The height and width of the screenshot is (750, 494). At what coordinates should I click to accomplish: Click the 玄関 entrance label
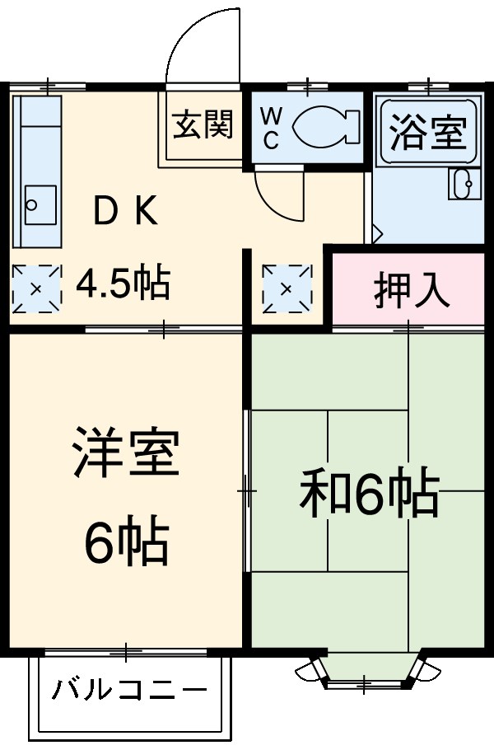pos(203,125)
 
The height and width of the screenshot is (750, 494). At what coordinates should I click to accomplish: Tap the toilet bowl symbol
pos(326,128)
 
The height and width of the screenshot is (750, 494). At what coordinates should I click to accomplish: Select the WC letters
pos(271,128)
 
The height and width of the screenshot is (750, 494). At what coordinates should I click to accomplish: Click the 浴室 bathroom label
pos(427,134)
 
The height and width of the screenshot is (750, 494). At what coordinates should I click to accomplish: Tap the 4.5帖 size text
pos(123,285)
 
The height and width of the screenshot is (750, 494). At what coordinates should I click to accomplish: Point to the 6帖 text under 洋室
pos(126,540)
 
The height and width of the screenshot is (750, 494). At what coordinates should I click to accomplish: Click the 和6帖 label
pos(368,494)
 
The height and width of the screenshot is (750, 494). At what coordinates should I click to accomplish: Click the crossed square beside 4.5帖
pos(36,288)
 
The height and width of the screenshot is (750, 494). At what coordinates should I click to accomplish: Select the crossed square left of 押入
pos(287,288)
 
